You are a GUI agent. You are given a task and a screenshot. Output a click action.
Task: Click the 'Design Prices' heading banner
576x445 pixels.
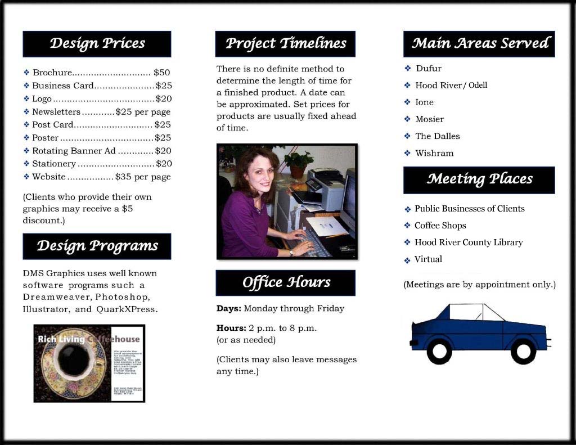coord(97,44)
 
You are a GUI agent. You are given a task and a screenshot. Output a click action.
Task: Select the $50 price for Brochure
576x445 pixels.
coord(162,73)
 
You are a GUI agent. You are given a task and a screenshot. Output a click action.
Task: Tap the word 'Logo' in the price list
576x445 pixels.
coord(42,99)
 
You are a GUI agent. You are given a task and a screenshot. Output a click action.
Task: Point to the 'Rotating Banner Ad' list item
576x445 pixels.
coord(74,151)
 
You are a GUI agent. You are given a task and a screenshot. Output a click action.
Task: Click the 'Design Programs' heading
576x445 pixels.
coord(97,246)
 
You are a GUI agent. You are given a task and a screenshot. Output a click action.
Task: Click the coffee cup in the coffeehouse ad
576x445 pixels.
coord(73,361)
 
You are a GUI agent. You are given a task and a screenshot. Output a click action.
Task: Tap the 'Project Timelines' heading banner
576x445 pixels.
coord(285,44)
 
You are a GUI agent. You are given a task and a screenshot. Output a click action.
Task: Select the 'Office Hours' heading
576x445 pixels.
coord(285,283)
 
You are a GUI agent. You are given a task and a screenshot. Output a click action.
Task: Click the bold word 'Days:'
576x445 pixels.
coord(229,308)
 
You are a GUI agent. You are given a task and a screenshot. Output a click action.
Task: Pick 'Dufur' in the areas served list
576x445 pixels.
coord(429,69)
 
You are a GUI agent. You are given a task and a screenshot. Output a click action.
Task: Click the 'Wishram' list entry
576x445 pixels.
coord(434,153)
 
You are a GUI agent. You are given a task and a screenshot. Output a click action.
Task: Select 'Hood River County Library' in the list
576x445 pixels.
coord(469,242)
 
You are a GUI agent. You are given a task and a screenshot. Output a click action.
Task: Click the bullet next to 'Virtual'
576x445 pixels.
coord(408,260)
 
